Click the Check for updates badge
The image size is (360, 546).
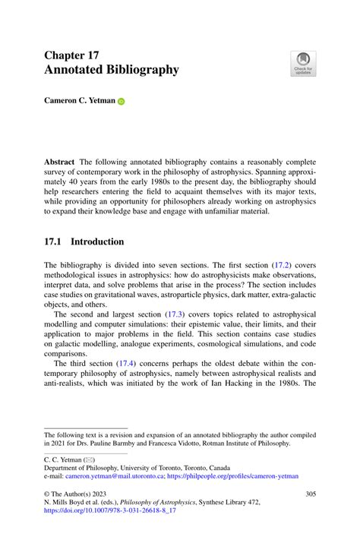point(302,64)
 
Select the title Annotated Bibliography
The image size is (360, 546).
point(112,70)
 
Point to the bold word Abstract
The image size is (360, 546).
point(60,162)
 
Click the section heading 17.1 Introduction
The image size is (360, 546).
point(84,241)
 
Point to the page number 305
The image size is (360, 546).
point(310,494)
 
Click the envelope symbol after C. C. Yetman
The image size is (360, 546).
point(88,458)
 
